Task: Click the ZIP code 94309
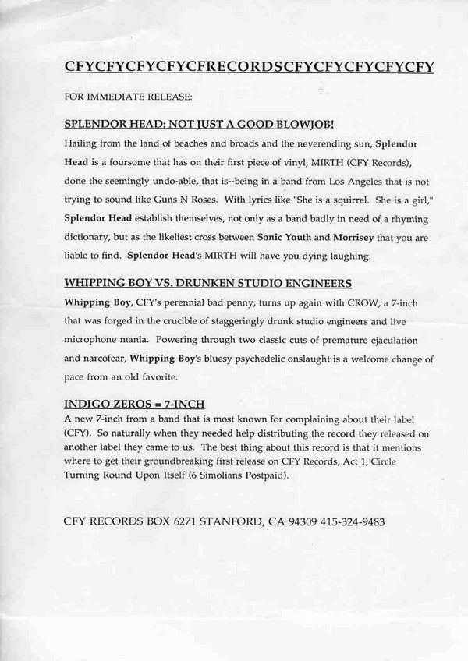coord(278,521)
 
